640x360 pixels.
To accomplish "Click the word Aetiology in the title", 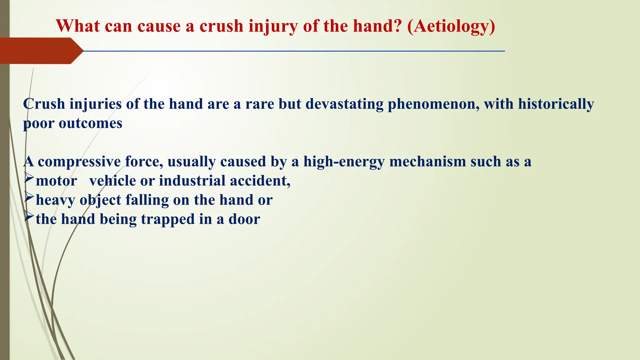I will click(451, 26).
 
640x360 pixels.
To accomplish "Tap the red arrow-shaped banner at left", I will click(37, 51).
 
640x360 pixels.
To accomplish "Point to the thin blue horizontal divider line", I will click(294, 51).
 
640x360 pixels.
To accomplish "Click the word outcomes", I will click(90, 123).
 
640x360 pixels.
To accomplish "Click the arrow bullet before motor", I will click(29, 178).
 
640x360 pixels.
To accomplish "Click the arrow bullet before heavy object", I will click(29, 197).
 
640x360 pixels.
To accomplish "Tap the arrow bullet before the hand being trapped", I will click(29, 217).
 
